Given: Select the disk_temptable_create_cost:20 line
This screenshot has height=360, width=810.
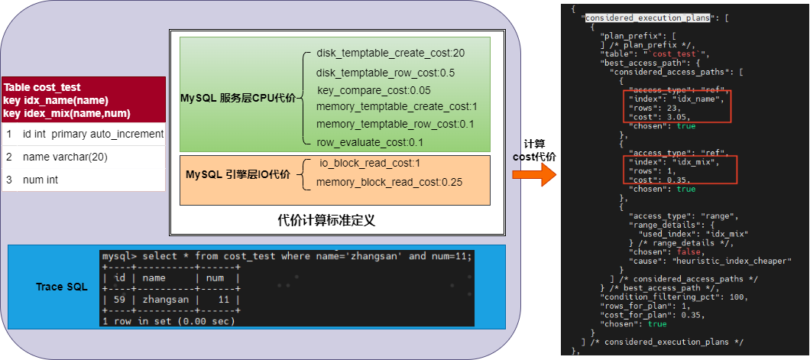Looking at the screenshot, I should [x=390, y=53].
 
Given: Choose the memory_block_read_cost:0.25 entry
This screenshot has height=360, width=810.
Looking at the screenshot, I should [x=378, y=182].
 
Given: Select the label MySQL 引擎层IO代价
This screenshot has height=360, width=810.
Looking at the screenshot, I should [x=238, y=174].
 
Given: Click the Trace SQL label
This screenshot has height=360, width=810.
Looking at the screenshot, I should [x=62, y=287].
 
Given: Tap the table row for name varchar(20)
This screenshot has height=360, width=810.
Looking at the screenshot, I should [x=65, y=157].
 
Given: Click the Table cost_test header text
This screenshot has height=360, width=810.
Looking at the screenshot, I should [x=42, y=88].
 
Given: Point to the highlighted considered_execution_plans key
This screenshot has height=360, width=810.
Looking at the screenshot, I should [x=647, y=17].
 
